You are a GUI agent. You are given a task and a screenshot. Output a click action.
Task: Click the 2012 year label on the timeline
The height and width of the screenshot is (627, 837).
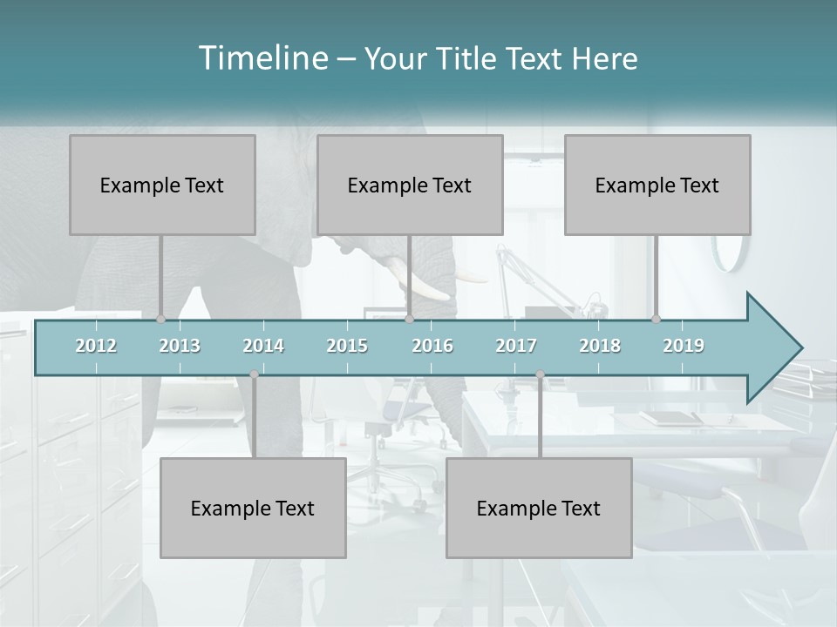pyautogui.click(x=96, y=346)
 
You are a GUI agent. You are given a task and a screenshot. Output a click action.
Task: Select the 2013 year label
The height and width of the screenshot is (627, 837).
pyautogui.click(x=180, y=346)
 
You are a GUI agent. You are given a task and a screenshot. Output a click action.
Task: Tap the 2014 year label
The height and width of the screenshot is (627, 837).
pyautogui.click(x=263, y=346)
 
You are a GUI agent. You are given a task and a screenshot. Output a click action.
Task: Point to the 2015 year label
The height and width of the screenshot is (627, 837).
pyautogui.click(x=347, y=346)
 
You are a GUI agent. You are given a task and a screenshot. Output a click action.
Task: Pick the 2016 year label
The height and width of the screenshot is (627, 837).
pyautogui.click(x=432, y=346)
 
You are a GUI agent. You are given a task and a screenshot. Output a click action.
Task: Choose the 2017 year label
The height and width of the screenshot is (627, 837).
pyautogui.click(x=516, y=346)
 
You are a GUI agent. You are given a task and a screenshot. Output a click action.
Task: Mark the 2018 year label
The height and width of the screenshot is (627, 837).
pyautogui.click(x=600, y=346)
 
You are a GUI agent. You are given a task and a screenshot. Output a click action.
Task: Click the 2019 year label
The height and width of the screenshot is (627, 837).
pyautogui.click(x=684, y=346)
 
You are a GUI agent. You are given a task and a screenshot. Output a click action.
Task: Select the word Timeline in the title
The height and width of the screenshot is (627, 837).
pyautogui.click(x=262, y=58)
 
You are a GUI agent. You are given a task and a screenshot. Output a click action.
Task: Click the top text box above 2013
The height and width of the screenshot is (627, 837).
pyautogui.click(x=162, y=185)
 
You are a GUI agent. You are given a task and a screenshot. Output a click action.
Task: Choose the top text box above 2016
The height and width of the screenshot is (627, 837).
pyautogui.click(x=410, y=185)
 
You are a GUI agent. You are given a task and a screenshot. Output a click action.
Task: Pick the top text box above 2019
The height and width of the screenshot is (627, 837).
pyautogui.click(x=657, y=185)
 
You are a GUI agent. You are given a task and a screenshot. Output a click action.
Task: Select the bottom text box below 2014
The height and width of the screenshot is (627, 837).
pyautogui.click(x=253, y=508)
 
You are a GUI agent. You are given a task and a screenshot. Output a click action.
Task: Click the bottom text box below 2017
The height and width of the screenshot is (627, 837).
pyautogui.click(x=539, y=508)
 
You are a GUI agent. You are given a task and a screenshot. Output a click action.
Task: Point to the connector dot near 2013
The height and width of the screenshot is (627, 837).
pyautogui.click(x=161, y=320)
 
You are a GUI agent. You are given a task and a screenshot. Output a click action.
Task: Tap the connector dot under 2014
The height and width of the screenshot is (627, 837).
pyautogui.click(x=254, y=374)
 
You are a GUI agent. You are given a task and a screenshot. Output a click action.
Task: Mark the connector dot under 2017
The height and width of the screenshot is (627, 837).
pyautogui.click(x=540, y=374)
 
